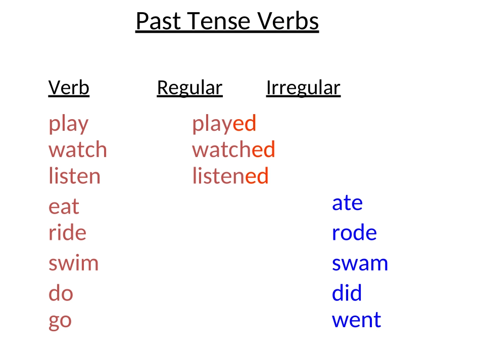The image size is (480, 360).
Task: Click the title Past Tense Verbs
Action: (227, 21)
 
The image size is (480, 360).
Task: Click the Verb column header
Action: (69, 88)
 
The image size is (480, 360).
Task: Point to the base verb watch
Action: (78, 149)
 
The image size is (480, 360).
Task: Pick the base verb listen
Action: (74, 176)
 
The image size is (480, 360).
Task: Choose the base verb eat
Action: (64, 207)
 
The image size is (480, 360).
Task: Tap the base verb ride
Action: (67, 232)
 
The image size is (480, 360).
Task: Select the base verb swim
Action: (73, 263)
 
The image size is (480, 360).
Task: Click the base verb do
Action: (61, 293)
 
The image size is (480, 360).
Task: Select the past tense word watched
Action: (233, 149)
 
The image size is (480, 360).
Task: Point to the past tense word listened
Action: (230, 176)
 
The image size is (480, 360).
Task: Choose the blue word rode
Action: (354, 232)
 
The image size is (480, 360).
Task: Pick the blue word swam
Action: (360, 264)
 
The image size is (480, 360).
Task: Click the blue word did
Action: (347, 293)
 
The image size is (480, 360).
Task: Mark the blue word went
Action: (356, 320)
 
